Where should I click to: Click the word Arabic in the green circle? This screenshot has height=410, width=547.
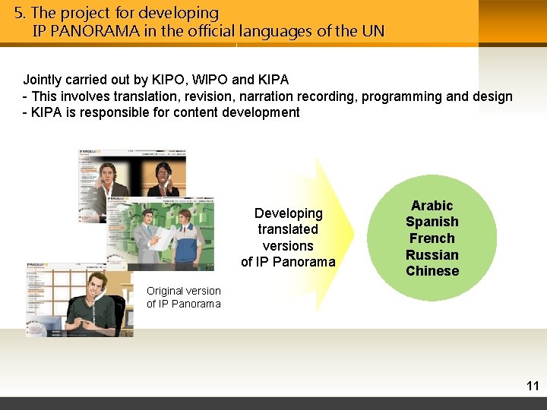(x=432, y=206)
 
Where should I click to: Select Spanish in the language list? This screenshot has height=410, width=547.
(x=432, y=222)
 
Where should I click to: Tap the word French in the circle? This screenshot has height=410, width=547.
(x=432, y=238)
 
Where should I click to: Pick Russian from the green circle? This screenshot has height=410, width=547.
(x=432, y=255)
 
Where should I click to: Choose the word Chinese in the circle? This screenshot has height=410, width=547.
(x=432, y=271)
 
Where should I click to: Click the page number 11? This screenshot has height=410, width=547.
(x=532, y=386)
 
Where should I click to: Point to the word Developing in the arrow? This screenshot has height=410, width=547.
(x=288, y=213)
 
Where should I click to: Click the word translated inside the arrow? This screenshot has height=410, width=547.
(x=288, y=229)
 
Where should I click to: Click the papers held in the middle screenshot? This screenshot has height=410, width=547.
(x=163, y=238)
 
